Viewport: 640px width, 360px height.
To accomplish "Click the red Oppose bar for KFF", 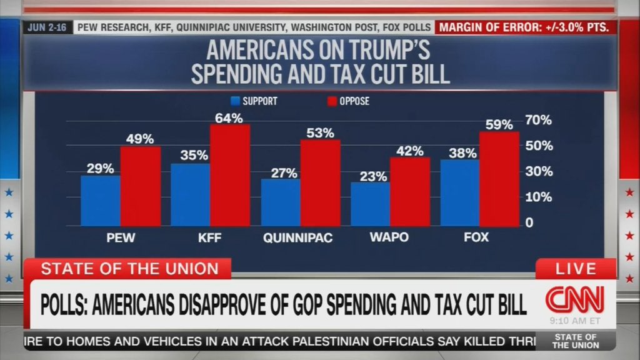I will point(230,175).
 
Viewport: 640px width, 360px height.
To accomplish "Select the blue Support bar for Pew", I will point(100,201).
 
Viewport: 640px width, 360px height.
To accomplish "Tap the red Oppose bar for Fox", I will point(499,179).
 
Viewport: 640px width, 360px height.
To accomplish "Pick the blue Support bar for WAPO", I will point(370,204).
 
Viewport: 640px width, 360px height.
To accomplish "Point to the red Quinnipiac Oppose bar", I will point(320,182).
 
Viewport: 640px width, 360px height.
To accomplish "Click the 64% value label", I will point(229,118).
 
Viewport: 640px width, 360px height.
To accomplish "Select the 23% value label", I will point(373,176).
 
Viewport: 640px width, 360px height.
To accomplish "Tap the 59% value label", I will point(499,125).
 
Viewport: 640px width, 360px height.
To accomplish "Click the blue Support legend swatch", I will point(236,101).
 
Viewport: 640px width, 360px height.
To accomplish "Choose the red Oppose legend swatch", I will point(332,101).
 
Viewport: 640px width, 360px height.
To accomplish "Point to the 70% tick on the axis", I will point(538,120).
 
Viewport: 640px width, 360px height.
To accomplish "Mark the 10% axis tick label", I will point(538,197).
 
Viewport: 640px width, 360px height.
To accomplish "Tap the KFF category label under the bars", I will point(211,238).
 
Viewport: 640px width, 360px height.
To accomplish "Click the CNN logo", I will point(575,298).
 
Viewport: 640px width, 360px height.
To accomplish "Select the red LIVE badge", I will point(576,269).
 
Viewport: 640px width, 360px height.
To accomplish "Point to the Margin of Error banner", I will point(526,27).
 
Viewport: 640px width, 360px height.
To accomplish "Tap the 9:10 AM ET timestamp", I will point(576,321).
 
